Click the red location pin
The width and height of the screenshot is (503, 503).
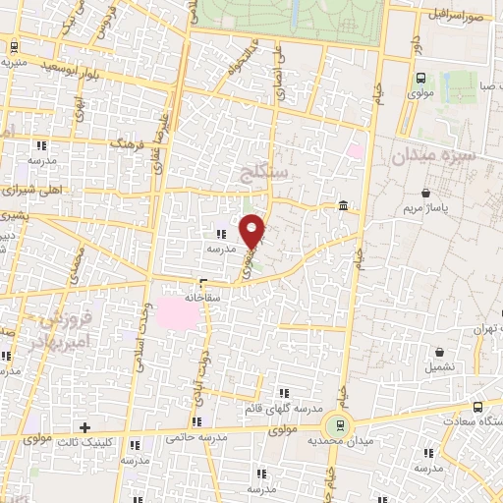point(252,230)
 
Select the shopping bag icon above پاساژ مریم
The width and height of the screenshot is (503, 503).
point(423,194)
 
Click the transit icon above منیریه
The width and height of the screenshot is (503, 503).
point(14,45)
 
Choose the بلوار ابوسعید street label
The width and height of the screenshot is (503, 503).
point(75,67)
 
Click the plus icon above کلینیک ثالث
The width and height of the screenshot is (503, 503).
point(85,427)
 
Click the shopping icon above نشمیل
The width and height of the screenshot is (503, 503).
point(439,351)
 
